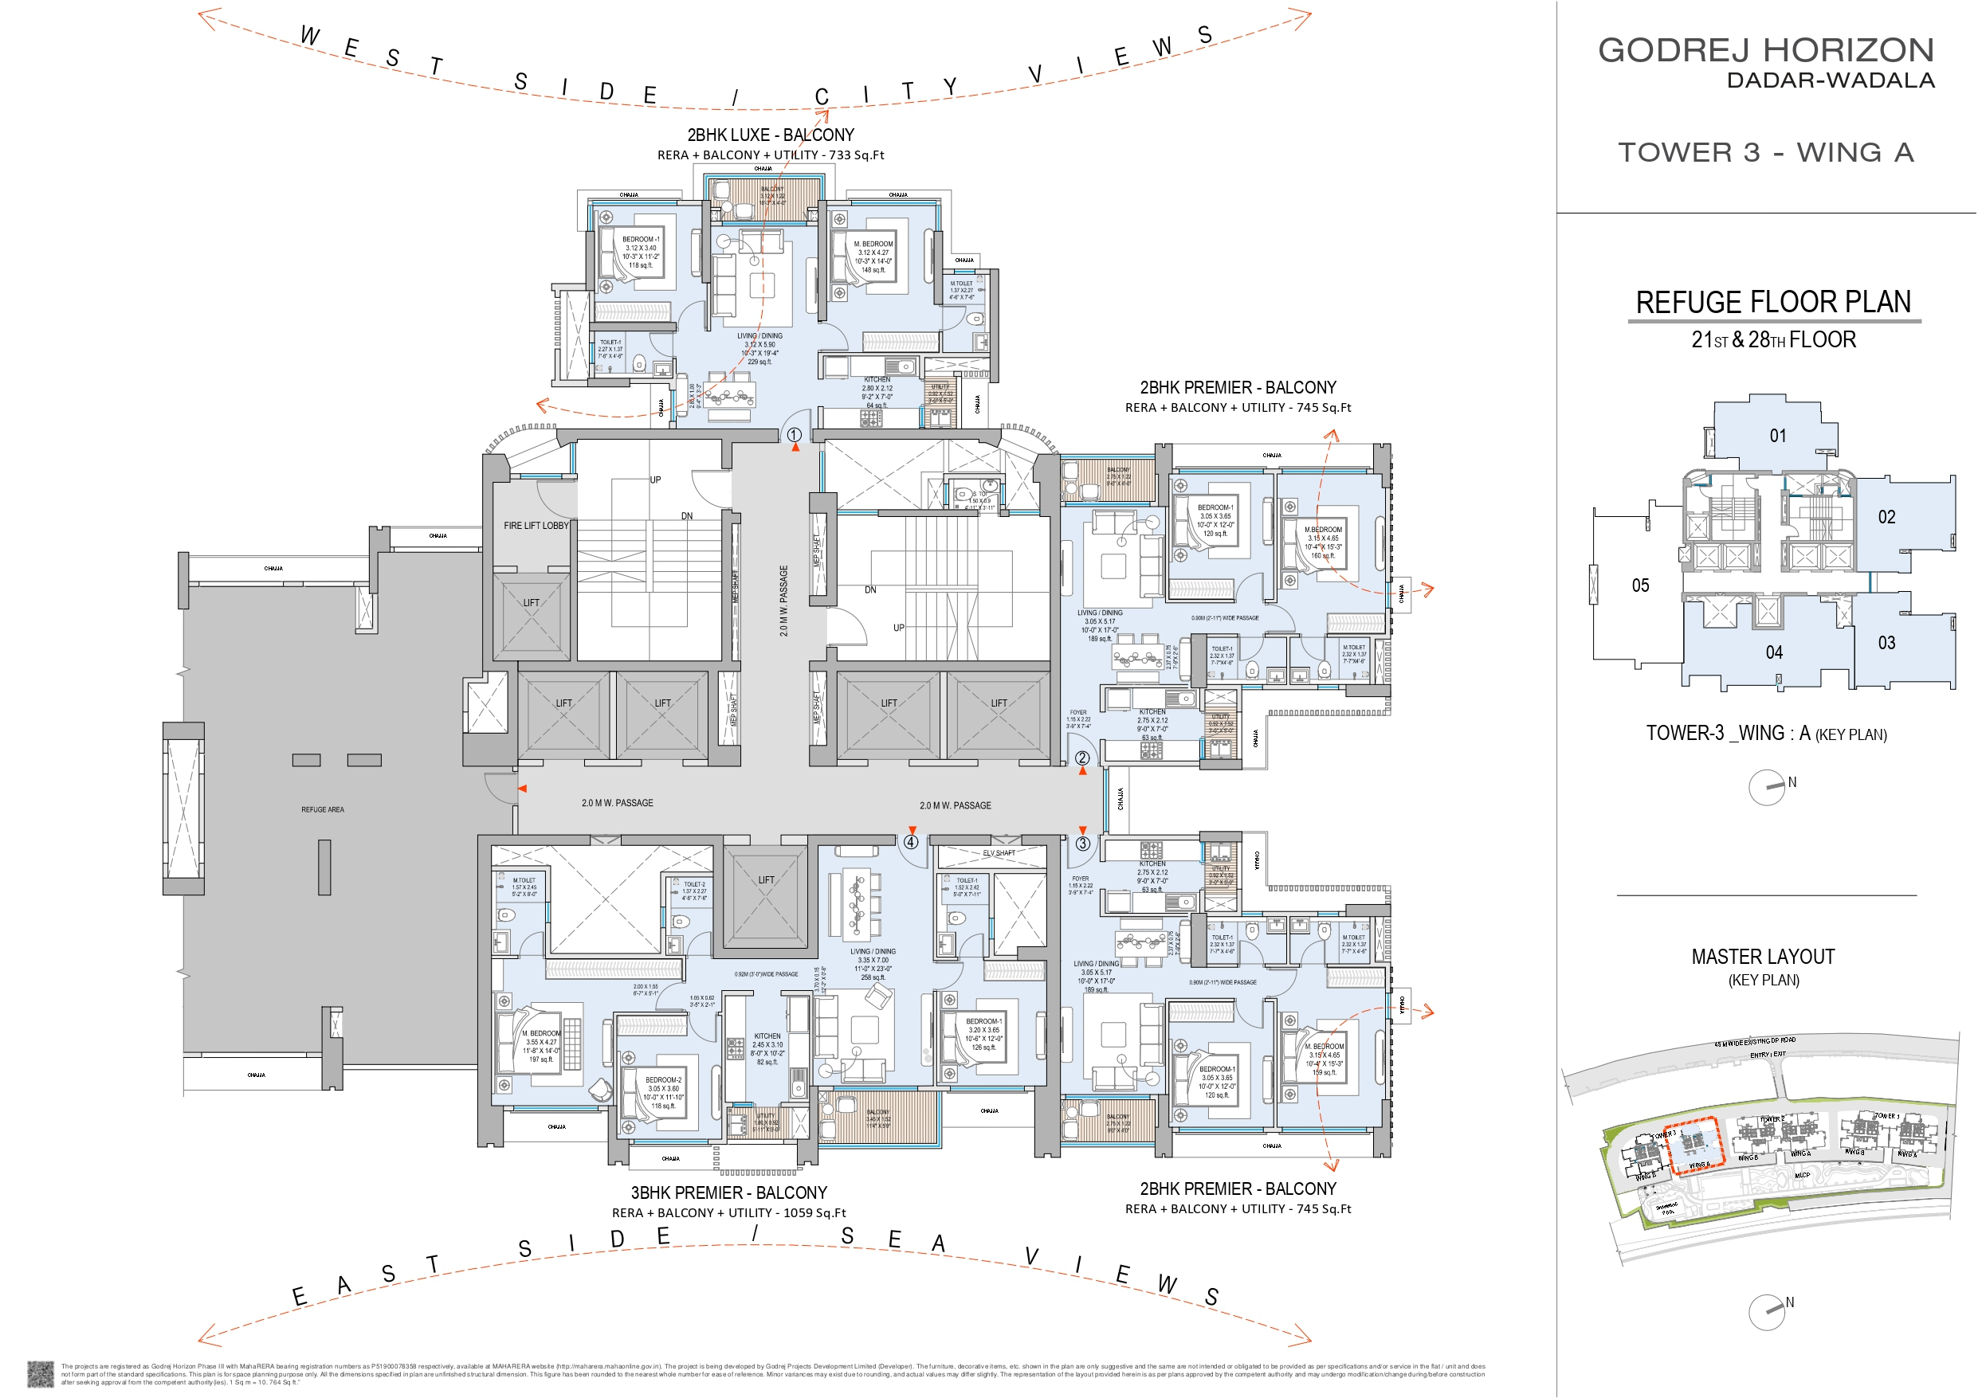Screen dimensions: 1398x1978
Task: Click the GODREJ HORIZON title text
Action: coord(1765,50)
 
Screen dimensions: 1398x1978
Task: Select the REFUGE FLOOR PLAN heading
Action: coord(1773,303)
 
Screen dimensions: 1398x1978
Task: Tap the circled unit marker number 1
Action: coord(795,435)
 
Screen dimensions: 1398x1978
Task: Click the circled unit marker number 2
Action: coord(1082,758)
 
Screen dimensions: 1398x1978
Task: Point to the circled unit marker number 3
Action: coord(1083,844)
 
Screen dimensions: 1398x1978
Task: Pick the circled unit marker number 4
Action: coord(912,843)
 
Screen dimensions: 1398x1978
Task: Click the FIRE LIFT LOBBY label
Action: coord(536,526)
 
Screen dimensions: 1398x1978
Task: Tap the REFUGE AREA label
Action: coord(322,809)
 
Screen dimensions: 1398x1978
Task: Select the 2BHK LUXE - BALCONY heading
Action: coord(770,135)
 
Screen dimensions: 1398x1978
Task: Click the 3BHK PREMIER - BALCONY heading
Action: coord(729,1193)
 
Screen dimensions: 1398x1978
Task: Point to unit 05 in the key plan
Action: coord(1640,585)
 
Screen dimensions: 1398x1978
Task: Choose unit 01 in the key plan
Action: coord(1778,436)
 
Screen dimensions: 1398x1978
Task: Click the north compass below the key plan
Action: coord(1767,787)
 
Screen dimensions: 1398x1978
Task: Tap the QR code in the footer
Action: coord(41,1373)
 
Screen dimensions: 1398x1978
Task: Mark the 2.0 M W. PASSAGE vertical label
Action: coord(784,601)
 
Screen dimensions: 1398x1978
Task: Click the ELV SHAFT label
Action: coord(999,853)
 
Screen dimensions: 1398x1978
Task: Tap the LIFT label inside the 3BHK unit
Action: coord(766,880)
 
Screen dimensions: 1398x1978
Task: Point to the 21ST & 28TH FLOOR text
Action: coord(1773,340)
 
